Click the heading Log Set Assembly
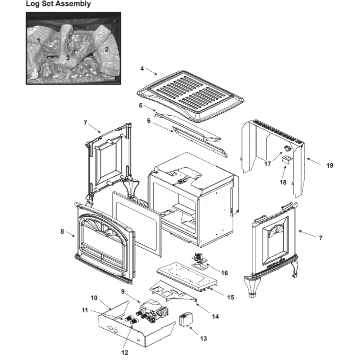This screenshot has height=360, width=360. click(x=58, y=4)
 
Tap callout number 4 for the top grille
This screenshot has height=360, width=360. click(x=142, y=69)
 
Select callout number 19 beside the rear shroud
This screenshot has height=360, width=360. click(x=330, y=165)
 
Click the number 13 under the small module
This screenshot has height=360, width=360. click(x=203, y=338)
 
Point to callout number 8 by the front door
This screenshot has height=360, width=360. click(x=62, y=231)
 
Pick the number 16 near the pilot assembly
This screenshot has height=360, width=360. click(x=224, y=273)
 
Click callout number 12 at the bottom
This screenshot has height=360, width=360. click(x=125, y=352)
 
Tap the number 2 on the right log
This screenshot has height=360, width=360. click(x=106, y=49)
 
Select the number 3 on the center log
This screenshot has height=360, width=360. click(x=68, y=58)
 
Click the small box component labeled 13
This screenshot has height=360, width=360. click(x=186, y=319)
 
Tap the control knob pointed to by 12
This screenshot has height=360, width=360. click(x=133, y=321)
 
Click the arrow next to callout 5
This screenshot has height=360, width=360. click(x=150, y=108)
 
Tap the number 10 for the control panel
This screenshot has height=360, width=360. click(x=94, y=298)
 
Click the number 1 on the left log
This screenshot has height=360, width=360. click(x=39, y=41)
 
